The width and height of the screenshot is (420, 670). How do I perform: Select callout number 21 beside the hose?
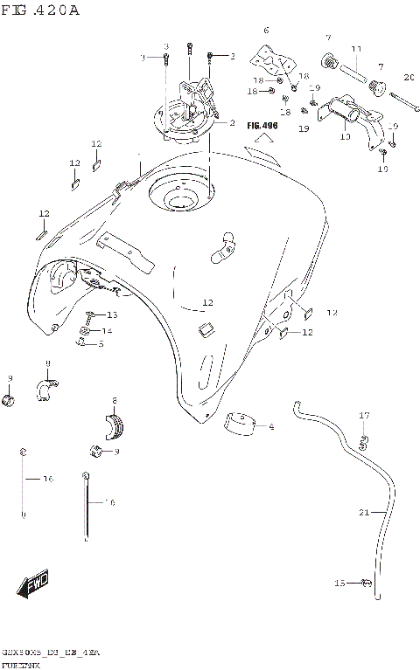pyautogui.click(x=364, y=512)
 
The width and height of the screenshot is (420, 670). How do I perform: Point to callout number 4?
pyautogui.click(x=272, y=426)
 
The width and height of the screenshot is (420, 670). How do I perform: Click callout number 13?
pyautogui.click(x=111, y=314)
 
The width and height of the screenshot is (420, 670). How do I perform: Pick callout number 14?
pyautogui.click(x=108, y=331)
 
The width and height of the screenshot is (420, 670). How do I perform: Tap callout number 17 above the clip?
pyautogui.click(x=365, y=415)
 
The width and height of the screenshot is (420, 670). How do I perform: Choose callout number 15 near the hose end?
pyautogui.click(x=340, y=582)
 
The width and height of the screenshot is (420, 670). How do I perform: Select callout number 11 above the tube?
pyautogui.click(x=356, y=48)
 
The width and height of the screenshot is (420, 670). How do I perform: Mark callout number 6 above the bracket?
pyautogui.click(x=267, y=30)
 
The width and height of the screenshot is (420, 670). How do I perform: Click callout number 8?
pyautogui.click(x=114, y=401)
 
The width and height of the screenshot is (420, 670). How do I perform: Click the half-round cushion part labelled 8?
pyautogui.click(x=114, y=425)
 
